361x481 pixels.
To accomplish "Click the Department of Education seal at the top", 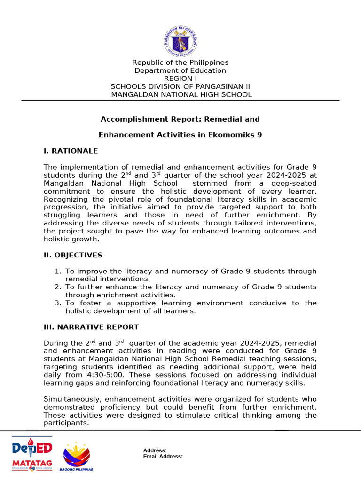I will (x=180, y=41).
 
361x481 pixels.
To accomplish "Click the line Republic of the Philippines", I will (x=180, y=62).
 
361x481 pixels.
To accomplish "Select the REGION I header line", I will (x=180, y=78).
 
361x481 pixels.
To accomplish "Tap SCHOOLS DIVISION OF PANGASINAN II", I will (x=180, y=86).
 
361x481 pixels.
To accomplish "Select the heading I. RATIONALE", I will (x=71, y=151).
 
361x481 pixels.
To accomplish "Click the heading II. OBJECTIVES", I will (x=73, y=255).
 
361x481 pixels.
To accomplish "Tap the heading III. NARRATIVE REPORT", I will (x=91, y=327).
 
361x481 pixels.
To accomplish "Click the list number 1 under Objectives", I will (x=57, y=272).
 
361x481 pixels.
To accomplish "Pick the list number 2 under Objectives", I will (x=57, y=287).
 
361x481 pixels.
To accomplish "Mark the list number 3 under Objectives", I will (x=57, y=303).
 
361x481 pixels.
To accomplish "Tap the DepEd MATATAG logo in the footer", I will (x=32, y=454).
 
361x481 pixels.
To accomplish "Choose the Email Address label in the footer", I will (x=163, y=456).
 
